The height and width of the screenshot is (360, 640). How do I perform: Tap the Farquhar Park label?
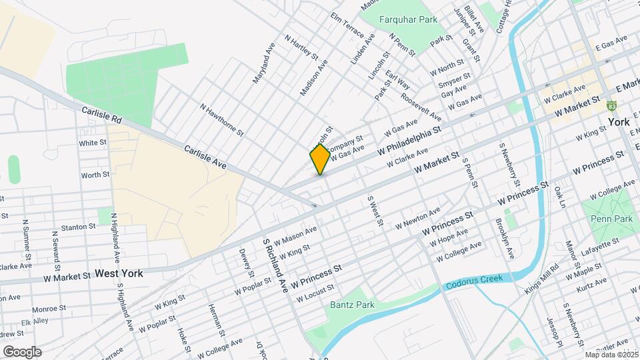[x=408, y=19]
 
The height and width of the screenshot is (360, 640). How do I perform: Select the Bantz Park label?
[x=352, y=305]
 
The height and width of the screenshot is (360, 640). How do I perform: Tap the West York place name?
[x=119, y=273]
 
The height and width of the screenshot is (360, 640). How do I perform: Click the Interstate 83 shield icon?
[x=611, y=106]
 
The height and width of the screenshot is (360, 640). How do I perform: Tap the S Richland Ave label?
[x=275, y=265]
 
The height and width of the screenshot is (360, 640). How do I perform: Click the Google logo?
[x=21, y=351]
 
